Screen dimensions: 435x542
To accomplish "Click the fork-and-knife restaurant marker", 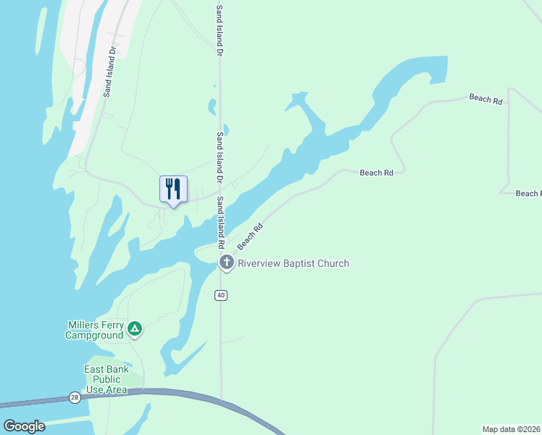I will [173, 189].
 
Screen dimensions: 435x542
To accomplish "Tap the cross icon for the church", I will [226, 262].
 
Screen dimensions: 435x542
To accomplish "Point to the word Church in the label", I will [335, 263].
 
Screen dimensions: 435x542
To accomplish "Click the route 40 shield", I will [220, 295].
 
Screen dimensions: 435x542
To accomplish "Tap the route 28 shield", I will [75, 397].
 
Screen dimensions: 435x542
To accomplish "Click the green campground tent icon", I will [134, 330].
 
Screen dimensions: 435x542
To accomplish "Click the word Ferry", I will [114, 325].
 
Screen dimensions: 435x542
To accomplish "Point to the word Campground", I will [94, 335].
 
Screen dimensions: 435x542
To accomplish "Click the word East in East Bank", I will [95, 369].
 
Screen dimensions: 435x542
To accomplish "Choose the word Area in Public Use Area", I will [116, 389].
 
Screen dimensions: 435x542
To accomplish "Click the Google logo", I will [24, 426].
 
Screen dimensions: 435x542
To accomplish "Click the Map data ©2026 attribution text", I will [511, 429].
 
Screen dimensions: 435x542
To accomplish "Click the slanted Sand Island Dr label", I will [109, 72].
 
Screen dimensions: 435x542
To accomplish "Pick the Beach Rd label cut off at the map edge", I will [528, 194].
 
